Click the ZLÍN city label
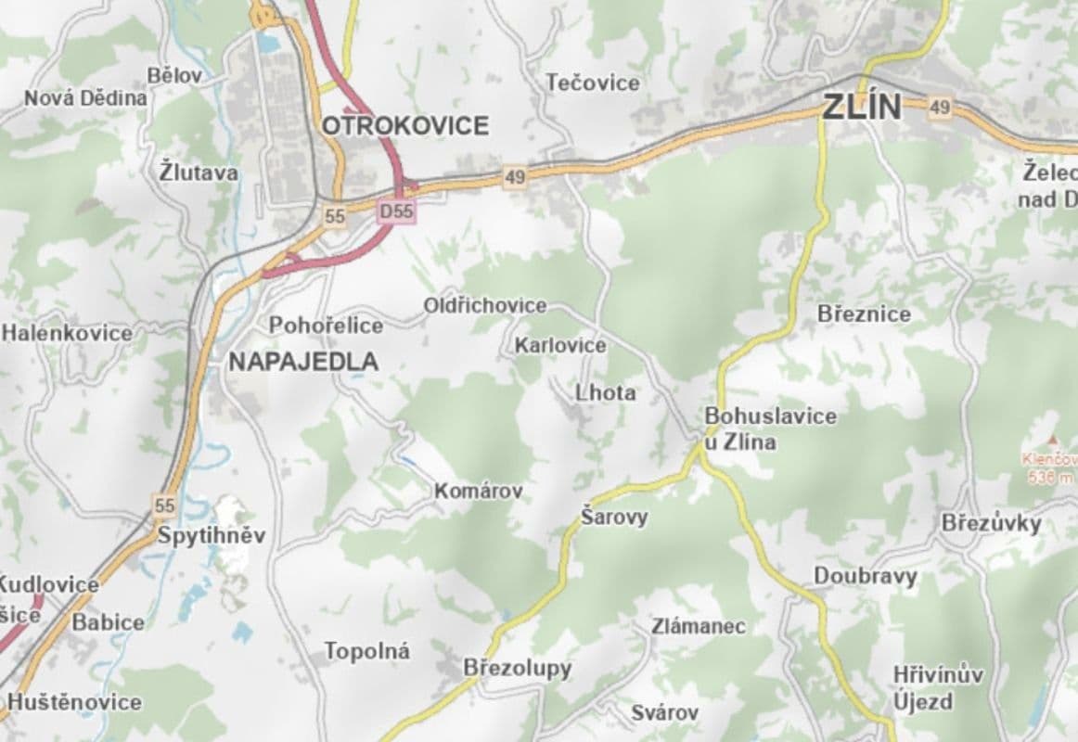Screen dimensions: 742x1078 [860, 107]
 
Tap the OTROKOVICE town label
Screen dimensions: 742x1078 [405, 125]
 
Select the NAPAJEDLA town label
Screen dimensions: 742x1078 [303, 362]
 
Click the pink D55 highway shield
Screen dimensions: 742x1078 [397, 212]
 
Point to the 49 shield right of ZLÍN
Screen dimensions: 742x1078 [940, 109]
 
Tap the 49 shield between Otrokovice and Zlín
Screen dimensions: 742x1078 [516, 176]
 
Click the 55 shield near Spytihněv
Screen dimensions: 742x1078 [165, 505]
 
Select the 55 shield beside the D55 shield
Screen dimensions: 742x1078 [335, 216]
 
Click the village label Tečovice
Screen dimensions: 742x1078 [593, 83]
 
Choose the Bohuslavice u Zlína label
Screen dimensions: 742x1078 [769, 429]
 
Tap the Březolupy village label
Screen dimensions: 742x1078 [518, 668]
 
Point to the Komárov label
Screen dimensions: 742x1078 [479, 491]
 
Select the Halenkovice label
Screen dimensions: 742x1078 [67, 332]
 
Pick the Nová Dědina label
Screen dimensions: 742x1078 [85, 97]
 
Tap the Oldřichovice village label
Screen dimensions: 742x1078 [485, 305]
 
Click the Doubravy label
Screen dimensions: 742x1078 [865, 576]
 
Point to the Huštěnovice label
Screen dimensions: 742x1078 [74, 701]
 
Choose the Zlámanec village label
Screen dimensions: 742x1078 [699, 626]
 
